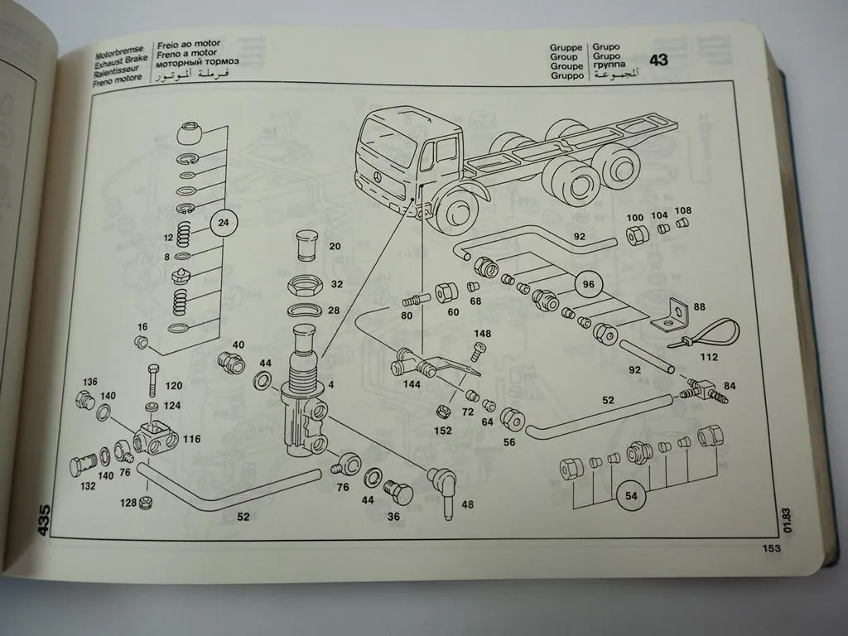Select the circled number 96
(x=587, y=283)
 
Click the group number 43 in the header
(x=658, y=60)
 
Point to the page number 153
(x=772, y=547)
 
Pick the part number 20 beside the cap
(x=335, y=246)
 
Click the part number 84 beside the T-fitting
(x=730, y=386)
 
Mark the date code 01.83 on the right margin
(x=786, y=520)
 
